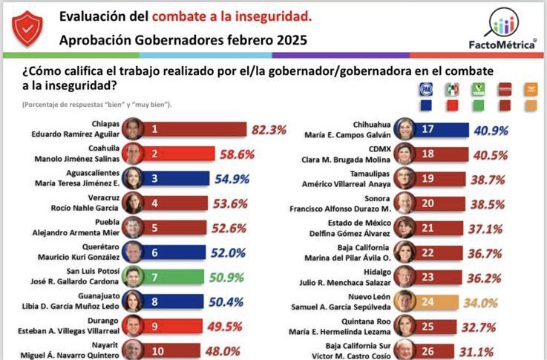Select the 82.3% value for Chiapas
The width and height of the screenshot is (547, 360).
269,129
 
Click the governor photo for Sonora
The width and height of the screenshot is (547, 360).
405,203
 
